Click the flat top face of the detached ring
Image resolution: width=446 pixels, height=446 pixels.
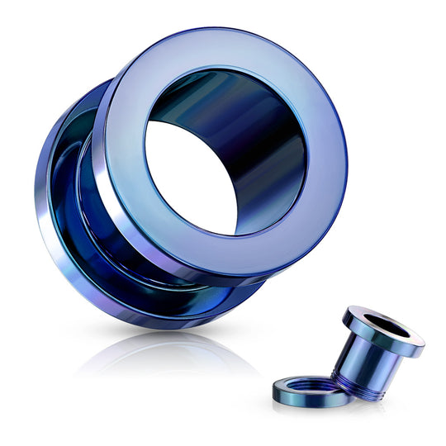pos(289,388)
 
